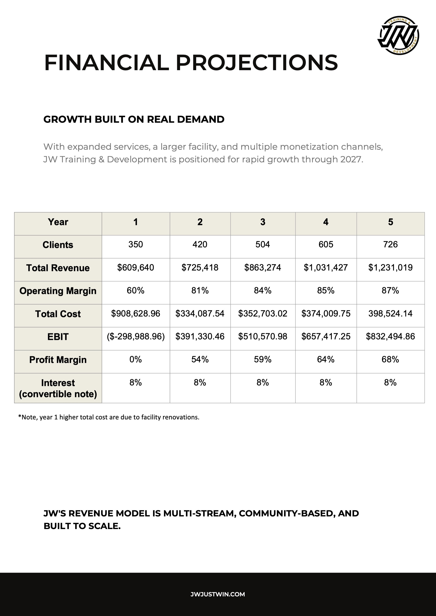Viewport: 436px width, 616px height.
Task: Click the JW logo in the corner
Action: tap(399, 36)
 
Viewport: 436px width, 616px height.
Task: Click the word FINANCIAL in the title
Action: tap(107, 63)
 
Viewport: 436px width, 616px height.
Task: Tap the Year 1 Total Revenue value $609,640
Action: tap(136, 268)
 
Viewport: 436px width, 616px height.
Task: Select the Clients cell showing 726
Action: tap(390, 244)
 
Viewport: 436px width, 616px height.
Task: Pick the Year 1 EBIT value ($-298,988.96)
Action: tap(136, 336)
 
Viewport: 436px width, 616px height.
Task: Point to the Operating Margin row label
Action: tap(58, 291)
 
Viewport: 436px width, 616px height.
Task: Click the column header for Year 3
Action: tap(262, 222)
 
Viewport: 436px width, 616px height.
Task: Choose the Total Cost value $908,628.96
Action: tap(136, 313)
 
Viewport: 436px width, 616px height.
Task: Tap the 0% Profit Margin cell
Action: tap(136, 359)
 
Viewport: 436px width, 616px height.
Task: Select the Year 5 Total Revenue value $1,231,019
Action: tap(390, 268)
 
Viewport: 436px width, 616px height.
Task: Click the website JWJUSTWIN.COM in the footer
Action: tap(218, 594)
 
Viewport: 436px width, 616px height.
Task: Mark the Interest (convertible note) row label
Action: tap(58, 388)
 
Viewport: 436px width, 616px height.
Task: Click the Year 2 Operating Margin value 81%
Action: tap(200, 290)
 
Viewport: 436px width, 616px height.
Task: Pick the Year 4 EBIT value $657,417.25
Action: tap(326, 336)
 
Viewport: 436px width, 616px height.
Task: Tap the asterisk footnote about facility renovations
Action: tap(109, 417)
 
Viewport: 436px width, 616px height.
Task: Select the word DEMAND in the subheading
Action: tap(201, 119)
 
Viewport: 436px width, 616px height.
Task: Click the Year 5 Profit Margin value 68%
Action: tap(390, 359)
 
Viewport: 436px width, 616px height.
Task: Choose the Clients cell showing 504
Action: tap(262, 244)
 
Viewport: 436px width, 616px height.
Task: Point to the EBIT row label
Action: tap(58, 337)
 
